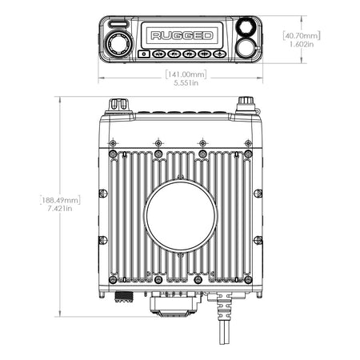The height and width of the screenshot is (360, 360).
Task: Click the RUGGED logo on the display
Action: [x=182, y=35]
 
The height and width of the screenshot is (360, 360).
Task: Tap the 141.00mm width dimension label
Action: [x=186, y=74]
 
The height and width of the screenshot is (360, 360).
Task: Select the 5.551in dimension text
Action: [x=186, y=83]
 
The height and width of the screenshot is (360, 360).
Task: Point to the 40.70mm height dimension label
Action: [x=302, y=35]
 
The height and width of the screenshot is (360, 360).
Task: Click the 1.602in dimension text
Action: [x=302, y=44]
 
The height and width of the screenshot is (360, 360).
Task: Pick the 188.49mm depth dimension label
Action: [x=60, y=200]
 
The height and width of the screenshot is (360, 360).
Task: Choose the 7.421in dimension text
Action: [x=60, y=209]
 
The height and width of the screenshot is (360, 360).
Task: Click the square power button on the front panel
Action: [x=144, y=54]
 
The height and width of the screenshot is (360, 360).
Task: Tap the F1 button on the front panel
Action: [x=174, y=54]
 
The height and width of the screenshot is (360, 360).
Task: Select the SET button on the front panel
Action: [x=205, y=54]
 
